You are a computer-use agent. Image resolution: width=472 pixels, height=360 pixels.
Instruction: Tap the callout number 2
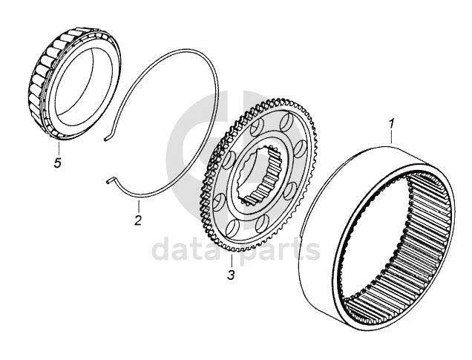pyautogui.click(x=137, y=220)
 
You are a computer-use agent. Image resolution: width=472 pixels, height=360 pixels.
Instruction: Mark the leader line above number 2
pyautogui.click(x=139, y=204)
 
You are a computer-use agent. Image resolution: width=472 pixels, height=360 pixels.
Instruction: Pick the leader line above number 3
pyautogui.click(x=232, y=261)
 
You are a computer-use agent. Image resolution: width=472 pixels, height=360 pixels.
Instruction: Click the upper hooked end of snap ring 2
pyautogui.click(x=108, y=137)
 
